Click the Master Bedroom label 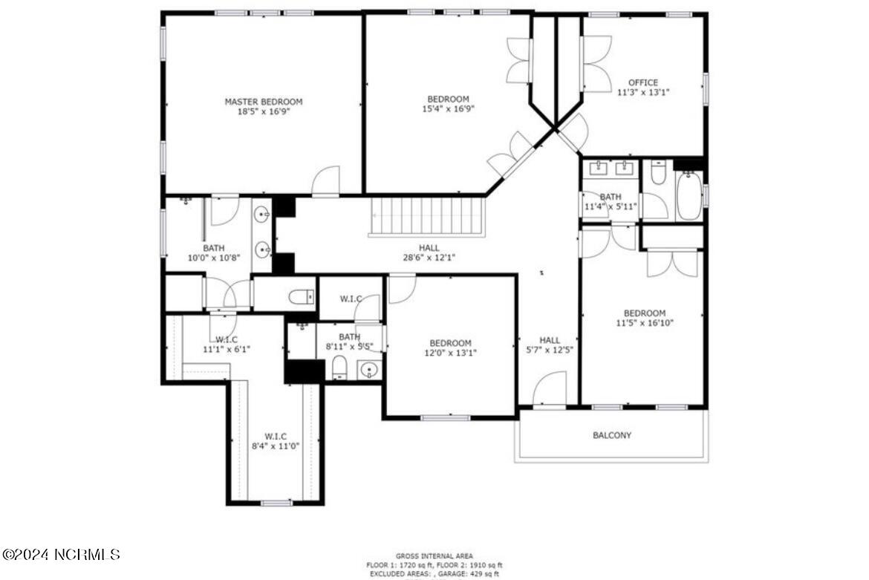(264, 102)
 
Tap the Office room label (642, 82)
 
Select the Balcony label (612, 435)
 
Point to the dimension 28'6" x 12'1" (429, 258)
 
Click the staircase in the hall (427, 215)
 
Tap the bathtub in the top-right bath (689, 196)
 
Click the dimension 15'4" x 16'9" (448, 108)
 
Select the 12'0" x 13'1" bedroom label (449, 353)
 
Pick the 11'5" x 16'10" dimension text (644, 323)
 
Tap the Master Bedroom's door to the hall (325, 182)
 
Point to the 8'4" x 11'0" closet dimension (276, 446)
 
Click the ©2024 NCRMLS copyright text (61, 554)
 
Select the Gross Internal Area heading (434, 556)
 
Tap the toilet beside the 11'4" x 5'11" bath (657, 175)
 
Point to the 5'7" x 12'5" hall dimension (550, 349)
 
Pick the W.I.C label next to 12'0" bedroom (351, 299)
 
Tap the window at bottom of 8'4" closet (276, 503)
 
